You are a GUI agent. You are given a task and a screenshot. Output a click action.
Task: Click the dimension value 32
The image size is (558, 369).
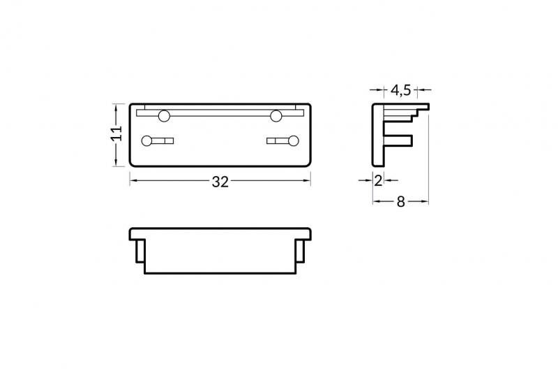click(x=220, y=182)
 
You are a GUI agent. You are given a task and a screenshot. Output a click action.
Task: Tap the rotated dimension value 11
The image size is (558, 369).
click(x=116, y=134)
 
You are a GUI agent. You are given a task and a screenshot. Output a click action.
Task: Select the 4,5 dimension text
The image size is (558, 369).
click(x=400, y=90)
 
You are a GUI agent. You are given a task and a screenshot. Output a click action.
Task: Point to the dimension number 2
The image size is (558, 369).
click(x=378, y=180)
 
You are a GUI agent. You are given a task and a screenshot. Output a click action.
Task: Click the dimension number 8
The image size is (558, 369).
click(x=400, y=201)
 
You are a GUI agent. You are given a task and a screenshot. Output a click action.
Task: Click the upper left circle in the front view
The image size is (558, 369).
click(x=165, y=115)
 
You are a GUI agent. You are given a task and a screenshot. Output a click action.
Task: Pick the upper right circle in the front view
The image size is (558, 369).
click(x=277, y=115)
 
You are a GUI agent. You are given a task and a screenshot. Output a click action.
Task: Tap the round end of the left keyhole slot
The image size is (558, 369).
click(x=147, y=141)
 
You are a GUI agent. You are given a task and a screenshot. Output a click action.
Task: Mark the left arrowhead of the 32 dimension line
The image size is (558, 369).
click(x=134, y=181)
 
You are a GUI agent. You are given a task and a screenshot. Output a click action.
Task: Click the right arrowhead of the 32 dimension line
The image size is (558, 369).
click(x=307, y=181)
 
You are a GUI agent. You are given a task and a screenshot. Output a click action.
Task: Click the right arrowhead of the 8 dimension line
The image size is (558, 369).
click(x=425, y=201)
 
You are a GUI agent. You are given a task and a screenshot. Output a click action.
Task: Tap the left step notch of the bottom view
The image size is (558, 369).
click(x=139, y=250)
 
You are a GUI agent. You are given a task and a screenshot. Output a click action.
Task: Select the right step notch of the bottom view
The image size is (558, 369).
click(x=302, y=250)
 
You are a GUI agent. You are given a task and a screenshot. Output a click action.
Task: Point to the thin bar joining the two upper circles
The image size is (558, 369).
click(x=220, y=112)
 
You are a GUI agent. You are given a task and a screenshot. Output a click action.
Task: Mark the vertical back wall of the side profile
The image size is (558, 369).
click(x=377, y=136)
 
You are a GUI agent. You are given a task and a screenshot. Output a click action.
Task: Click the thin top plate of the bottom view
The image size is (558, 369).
click(x=220, y=232)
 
